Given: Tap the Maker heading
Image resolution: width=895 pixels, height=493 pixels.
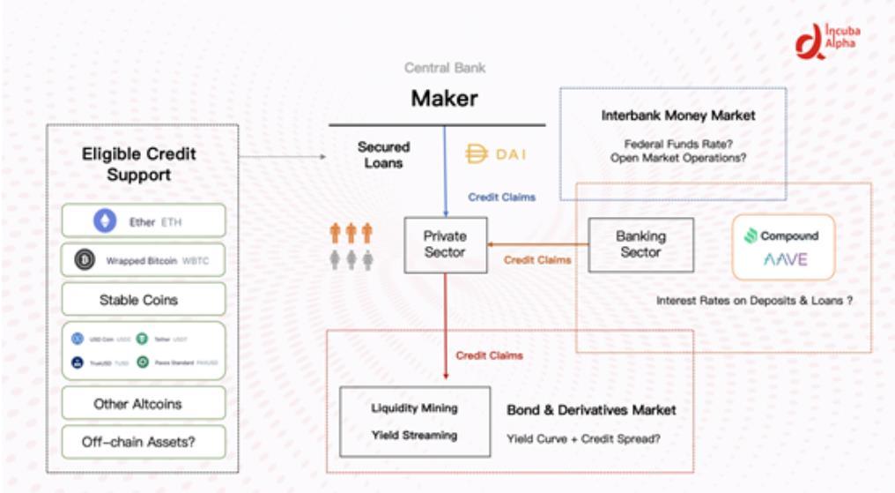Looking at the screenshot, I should click(x=444, y=99).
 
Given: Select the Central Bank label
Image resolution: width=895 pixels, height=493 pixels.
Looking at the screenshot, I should click(x=444, y=68).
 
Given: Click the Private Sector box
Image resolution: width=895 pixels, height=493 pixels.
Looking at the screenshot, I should click(x=445, y=244).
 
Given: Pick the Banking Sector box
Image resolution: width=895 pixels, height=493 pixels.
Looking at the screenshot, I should click(x=640, y=244).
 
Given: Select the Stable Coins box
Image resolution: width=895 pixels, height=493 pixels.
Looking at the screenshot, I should click(x=137, y=300).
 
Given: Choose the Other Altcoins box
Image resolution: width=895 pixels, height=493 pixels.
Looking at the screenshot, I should click(x=137, y=403).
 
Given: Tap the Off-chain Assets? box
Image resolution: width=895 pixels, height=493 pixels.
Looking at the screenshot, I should click(x=137, y=442).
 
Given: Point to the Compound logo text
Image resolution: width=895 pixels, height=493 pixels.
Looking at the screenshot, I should click(x=782, y=235).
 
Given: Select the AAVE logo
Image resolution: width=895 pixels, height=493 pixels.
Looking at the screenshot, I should click(x=783, y=260).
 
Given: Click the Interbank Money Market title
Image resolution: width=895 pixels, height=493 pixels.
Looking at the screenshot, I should click(x=677, y=116).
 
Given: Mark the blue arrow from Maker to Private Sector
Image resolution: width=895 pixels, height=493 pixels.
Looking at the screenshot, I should click(x=445, y=172).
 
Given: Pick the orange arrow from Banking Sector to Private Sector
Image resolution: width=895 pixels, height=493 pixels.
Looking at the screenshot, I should click(x=537, y=244).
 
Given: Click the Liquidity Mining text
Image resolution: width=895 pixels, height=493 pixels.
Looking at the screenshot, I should click(x=414, y=408).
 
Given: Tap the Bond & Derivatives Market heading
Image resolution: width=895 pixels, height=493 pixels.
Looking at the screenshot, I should click(x=591, y=411).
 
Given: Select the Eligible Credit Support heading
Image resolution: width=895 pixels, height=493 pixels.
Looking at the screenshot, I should click(x=138, y=164).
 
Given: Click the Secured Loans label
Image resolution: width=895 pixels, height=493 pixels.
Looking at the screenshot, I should click(x=383, y=154).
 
